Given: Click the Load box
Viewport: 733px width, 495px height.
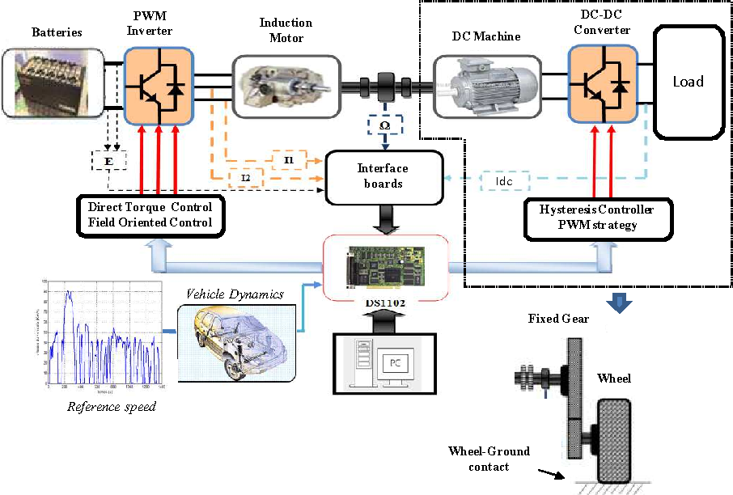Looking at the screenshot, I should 688,82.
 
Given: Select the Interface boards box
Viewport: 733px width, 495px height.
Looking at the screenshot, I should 383,176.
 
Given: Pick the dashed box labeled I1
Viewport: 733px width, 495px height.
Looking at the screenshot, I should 289,160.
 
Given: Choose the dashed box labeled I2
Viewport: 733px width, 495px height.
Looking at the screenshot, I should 246,176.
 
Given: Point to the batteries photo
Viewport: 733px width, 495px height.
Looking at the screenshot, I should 53,81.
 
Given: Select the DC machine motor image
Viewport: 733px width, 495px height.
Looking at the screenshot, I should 485,84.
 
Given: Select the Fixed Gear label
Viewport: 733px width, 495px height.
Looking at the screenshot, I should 558,319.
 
